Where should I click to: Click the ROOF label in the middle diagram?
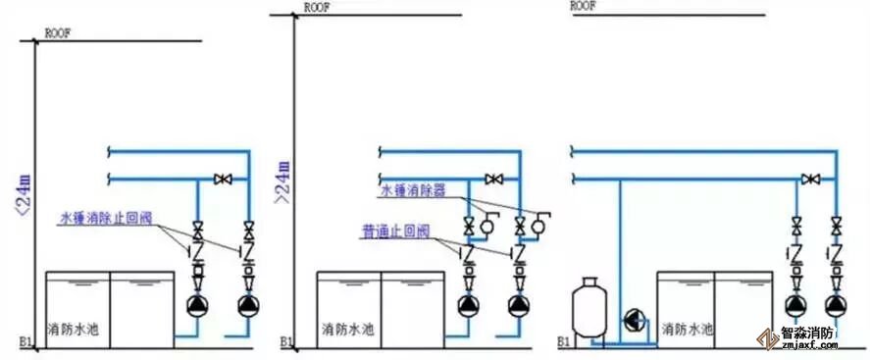coord(317,7)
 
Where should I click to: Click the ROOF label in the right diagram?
coord(583,5)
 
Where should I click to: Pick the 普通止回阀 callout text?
coord(395,231)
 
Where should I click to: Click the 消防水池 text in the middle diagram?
coord(349,330)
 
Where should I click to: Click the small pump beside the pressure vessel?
coord(634,321)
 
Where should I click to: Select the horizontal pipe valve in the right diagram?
coord(809,180)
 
